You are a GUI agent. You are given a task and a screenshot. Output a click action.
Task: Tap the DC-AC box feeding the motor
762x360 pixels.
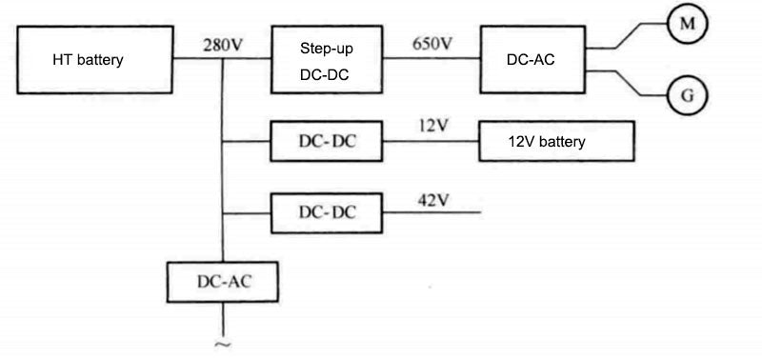point(531,59)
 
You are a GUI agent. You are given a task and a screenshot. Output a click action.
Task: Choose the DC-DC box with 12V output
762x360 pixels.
point(327,143)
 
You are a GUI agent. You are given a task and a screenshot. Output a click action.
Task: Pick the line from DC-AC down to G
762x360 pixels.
point(629,84)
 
